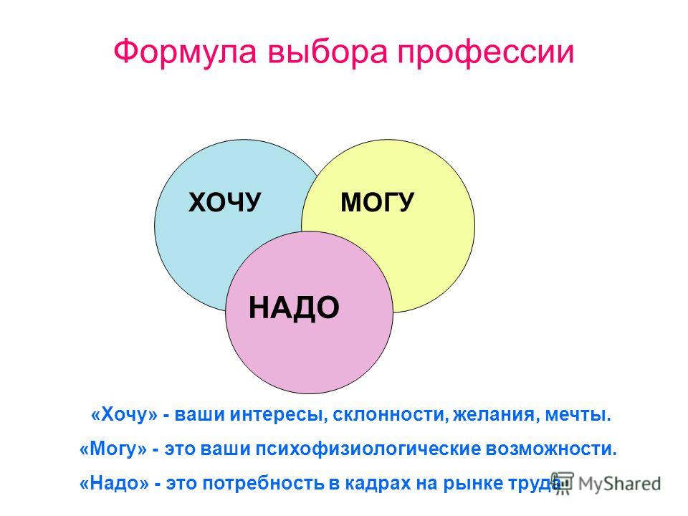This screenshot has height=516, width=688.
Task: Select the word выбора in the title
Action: (x=328, y=52)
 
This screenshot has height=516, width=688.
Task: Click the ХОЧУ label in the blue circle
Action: (x=224, y=202)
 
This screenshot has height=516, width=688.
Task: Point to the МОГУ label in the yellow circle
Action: (x=377, y=202)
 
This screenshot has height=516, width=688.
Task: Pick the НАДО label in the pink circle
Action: (x=294, y=307)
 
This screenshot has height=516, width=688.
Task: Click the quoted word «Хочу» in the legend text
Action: (x=124, y=415)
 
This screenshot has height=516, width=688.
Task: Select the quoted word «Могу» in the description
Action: (x=113, y=449)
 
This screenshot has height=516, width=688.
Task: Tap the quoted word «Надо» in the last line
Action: (x=114, y=483)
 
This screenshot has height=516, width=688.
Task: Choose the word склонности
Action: (x=391, y=415)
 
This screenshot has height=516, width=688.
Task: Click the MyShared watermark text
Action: (x=619, y=484)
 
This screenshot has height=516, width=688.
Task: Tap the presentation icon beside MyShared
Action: (x=563, y=483)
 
